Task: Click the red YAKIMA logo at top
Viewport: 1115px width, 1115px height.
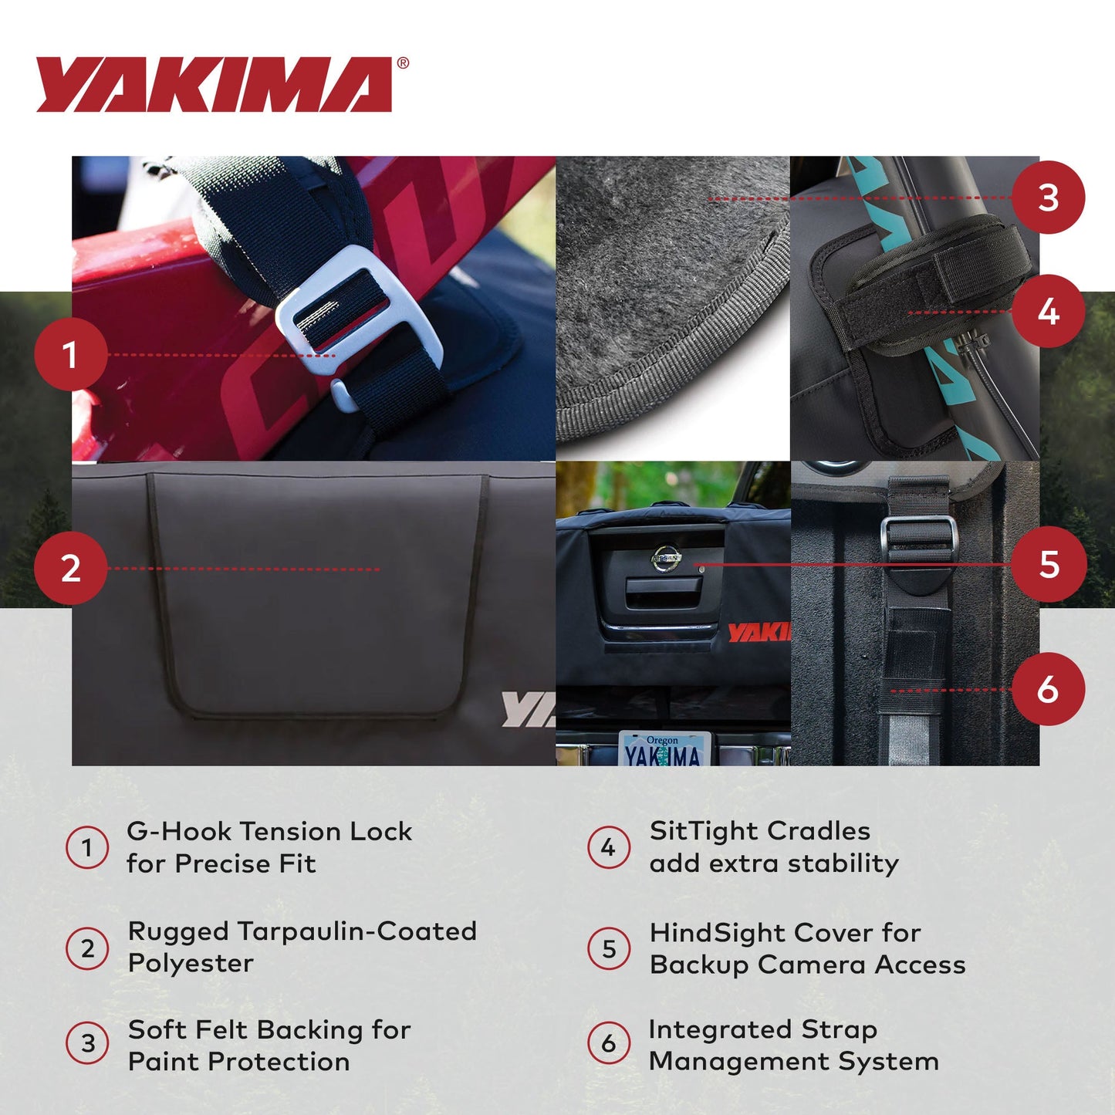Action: point(214,84)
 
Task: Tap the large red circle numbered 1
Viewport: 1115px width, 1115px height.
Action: point(70,355)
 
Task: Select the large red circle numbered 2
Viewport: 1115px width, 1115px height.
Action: point(70,568)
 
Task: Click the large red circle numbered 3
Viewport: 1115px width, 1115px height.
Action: point(1048,198)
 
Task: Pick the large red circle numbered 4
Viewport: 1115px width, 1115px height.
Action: point(1048,312)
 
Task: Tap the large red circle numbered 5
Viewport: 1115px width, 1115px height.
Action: point(1049,564)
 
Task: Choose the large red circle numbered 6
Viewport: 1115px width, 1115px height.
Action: point(1048,689)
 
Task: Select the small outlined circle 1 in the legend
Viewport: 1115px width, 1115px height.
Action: point(87,847)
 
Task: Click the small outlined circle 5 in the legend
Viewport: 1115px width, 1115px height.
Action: point(609,948)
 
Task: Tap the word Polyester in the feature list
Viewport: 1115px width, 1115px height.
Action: point(191,963)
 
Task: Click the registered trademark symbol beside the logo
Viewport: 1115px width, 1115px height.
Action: point(403,64)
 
